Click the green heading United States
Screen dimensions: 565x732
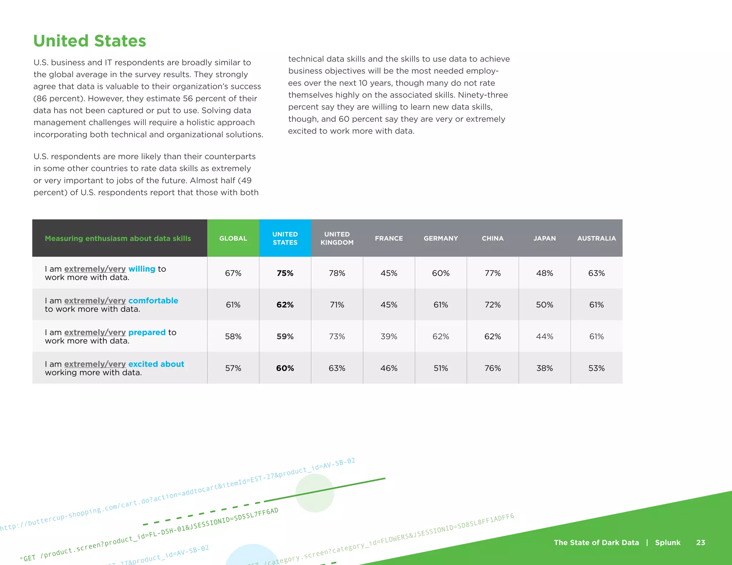[x=90, y=41]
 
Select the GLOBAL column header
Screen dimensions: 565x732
[x=233, y=238]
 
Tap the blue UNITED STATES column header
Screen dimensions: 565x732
[x=285, y=238]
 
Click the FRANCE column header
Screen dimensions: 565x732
[x=389, y=238]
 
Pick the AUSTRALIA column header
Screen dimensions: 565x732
[x=596, y=238]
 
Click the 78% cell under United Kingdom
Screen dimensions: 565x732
[x=337, y=273]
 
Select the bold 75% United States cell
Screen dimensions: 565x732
[x=285, y=273]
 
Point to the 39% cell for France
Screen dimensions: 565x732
[x=389, y=336]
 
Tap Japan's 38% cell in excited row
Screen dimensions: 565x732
[x=544, y=368]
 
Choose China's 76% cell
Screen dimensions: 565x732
[x=493, y=368]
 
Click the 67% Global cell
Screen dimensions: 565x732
[x=233, y=273]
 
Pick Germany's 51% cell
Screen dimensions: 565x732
[x=441, y=368]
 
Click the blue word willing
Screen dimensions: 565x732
[x=142, y=269]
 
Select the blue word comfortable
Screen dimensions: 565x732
[x=153, y=301]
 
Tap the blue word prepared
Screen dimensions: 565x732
[x=147, y=332]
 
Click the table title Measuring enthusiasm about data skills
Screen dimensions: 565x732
[x=118, y=238]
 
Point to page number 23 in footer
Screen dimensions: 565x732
[x=701, y=542]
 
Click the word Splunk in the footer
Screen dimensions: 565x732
[x=668, y=542]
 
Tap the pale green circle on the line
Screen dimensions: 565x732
[x=315, y=493]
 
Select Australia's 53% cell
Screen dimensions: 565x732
[x=596, y=368]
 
